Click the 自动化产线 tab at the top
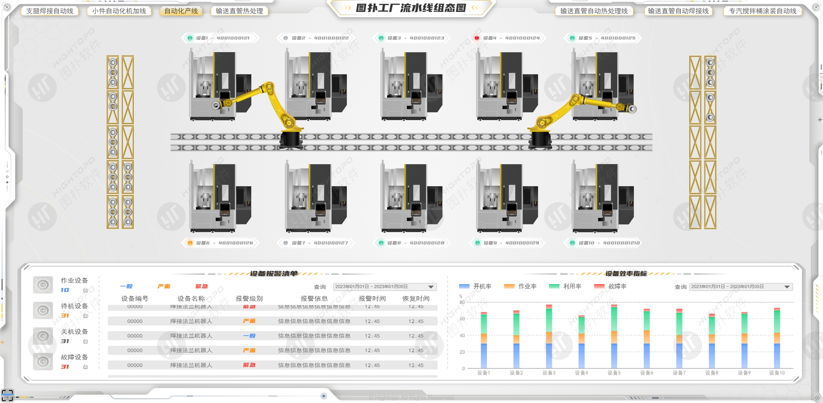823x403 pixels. (181, 11)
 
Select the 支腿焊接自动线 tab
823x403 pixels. (50, 11)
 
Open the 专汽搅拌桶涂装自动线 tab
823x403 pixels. (762, 11)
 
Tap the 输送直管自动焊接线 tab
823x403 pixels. (678, 11)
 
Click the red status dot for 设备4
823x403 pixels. (477, 38)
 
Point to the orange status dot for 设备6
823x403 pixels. (190, 243)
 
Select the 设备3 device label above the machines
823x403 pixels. (411, 38)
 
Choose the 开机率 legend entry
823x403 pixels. (475, 286)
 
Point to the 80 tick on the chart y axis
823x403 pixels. (462, 302)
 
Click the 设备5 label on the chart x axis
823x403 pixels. (614, 373)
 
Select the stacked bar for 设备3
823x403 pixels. (549, 337)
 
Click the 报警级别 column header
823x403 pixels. (249, 298)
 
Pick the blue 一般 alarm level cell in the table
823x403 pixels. (249, 336)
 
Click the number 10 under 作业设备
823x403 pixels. (65, 290)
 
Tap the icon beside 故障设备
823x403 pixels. (43, 362)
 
